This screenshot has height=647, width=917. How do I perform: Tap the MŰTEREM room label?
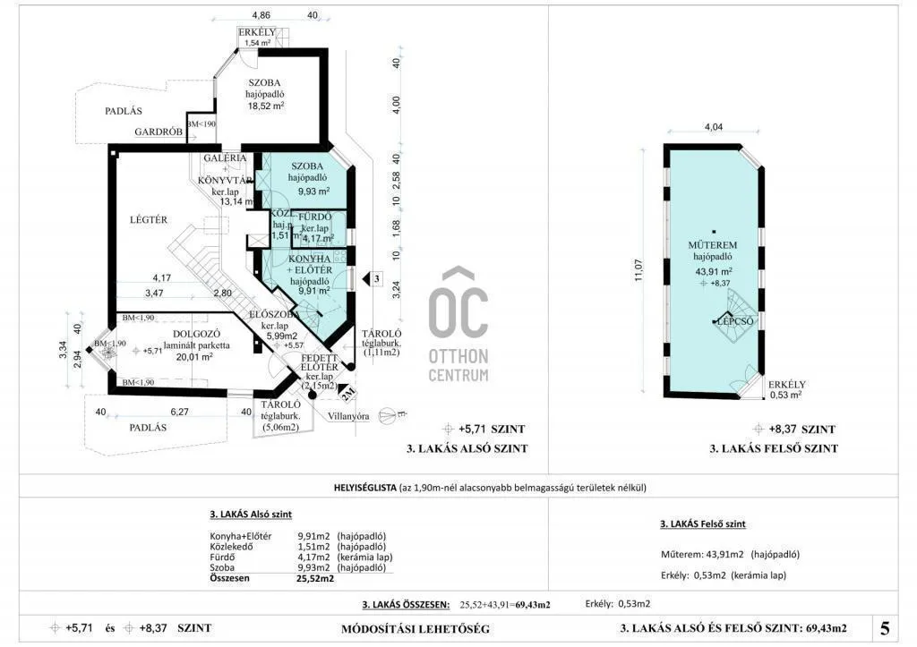point(713,244)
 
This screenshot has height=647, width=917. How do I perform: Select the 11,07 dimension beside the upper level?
point(638,271)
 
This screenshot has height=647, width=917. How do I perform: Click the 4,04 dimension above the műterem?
point(714,127)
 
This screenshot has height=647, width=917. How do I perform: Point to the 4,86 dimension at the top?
point(261,15)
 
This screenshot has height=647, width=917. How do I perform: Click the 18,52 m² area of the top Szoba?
point(266,105)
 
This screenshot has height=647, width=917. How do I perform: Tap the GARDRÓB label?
point(159,132)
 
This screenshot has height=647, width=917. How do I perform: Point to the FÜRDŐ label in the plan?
point(317,217)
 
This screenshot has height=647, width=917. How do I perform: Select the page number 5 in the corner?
point(885,627)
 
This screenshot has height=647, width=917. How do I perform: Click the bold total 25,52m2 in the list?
point(315,578)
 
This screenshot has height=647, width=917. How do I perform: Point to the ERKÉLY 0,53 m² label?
point(787,388)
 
